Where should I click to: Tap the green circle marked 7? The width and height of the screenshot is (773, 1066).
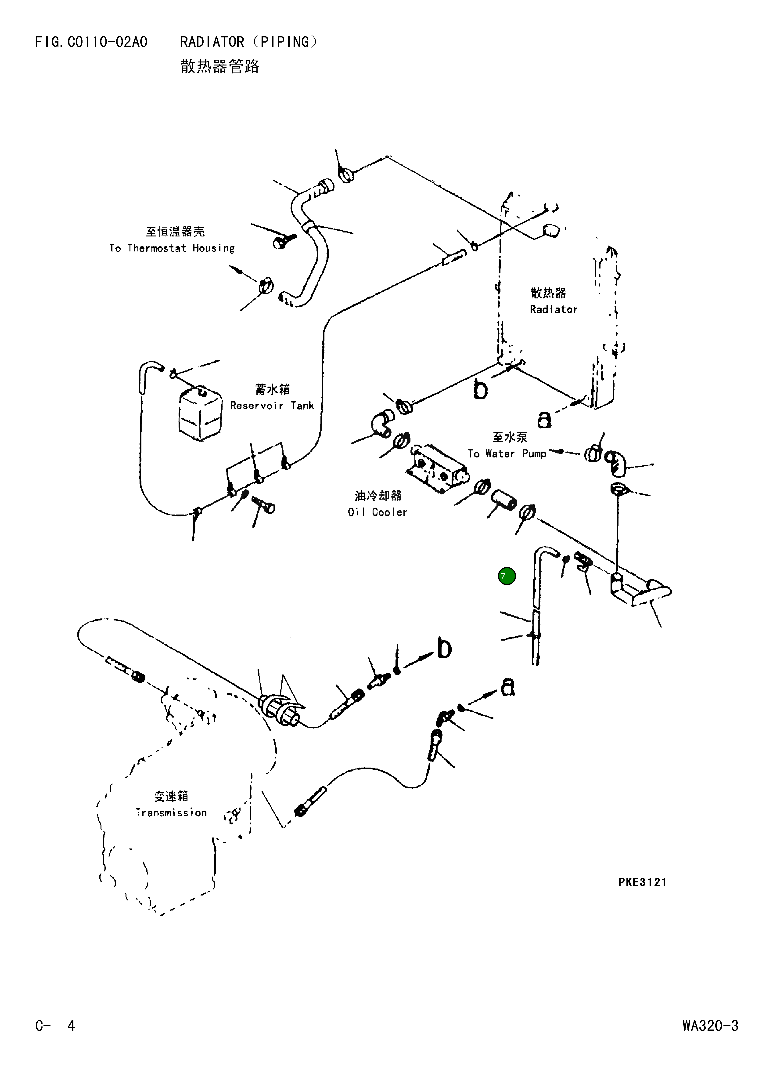[507, 576]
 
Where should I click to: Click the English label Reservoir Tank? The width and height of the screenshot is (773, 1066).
[272, 406]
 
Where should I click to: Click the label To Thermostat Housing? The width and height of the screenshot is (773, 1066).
[172, 248]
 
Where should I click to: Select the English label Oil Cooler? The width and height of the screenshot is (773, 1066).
[378, 512]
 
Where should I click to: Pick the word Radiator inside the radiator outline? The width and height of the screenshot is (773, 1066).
[553, 309]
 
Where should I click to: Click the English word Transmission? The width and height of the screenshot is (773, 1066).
[171, 813]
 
